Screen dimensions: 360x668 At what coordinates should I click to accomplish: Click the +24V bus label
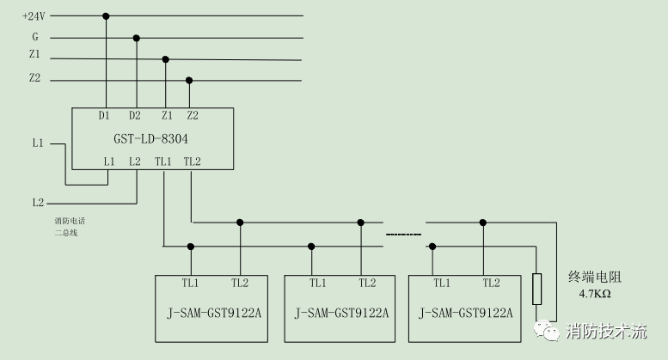[34, 15]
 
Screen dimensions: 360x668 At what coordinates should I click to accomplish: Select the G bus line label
[35, 38]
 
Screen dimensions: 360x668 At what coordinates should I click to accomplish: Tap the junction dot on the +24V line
[106, 15]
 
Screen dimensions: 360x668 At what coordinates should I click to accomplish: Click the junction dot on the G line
[136, 38]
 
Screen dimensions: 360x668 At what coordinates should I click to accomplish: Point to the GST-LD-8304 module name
[151, 137]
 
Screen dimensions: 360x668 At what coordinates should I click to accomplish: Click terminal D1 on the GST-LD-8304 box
[104, 115]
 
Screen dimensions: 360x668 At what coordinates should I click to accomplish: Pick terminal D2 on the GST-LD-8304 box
[135, 115]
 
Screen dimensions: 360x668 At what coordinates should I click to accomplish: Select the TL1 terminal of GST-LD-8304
[163, 162]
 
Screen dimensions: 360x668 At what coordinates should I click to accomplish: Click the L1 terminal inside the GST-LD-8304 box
[108, 162]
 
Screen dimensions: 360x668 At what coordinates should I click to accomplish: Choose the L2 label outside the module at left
[38, 203]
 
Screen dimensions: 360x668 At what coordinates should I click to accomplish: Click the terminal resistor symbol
[537, 290]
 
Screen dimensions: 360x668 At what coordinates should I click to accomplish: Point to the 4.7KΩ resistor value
[594, 295]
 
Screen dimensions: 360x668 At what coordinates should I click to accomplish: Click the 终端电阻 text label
[594, 277]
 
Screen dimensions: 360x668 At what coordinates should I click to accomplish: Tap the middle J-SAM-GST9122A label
[341, 313]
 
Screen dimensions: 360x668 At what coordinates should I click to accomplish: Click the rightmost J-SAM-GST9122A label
[465, 313]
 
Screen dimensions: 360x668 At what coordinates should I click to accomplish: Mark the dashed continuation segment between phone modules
[403, 235]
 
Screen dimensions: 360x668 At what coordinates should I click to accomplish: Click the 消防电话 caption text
[70, 221]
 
